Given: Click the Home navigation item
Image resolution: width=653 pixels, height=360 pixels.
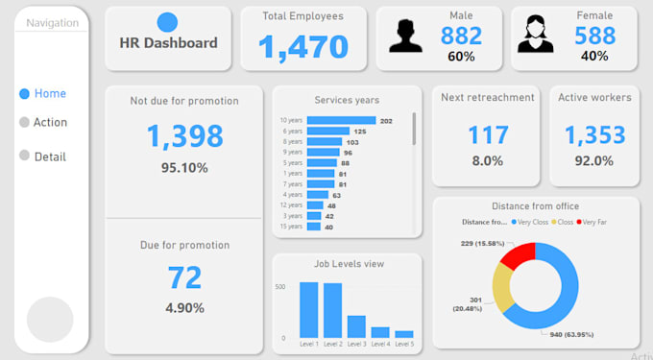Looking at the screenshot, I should pyautogui.click(x=42, y=94).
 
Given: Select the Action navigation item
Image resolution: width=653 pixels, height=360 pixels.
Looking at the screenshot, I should pyautogui.click(x=42, y=123).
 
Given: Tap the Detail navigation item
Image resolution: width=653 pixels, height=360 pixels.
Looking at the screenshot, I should pyautogui.click(x=42, y=156).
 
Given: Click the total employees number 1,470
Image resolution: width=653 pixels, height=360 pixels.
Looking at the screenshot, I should pyautogui.click(x=303, y=45).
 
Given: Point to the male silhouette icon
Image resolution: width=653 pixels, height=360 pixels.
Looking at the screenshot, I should pyautogui.click(x=405, y=36).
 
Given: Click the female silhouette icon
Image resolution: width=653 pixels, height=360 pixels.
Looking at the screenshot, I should pyautogui.click(x=535, y=36).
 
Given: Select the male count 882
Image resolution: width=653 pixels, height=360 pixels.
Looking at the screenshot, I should pyautogui.click(x=461, y=36).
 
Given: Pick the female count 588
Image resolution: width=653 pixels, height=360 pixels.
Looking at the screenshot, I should pyautogui.click(x=595, y=36).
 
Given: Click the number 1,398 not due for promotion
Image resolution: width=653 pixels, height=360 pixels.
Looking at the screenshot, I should pyautogui.click(x=184, y=136).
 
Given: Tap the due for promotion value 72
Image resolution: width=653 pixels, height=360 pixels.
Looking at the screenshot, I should pyautogui.click(x=184, y=277).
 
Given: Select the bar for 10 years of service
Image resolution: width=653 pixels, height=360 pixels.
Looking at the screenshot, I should pyautogui.click(x=341, y=121).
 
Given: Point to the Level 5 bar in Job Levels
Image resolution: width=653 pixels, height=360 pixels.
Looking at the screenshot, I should pyautogui.click(x=404, y=334).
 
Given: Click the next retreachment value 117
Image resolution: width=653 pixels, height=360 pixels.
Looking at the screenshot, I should pyautogui.click(x=488, y=134).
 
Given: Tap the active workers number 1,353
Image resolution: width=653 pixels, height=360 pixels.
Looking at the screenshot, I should pyautogui.click(x=594, y=134).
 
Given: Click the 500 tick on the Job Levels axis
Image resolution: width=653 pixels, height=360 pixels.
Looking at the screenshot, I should pyautogui.click(x=280, y=287).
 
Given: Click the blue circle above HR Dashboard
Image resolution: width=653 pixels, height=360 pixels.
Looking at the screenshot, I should pyautogui.click(x=167, y=22).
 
